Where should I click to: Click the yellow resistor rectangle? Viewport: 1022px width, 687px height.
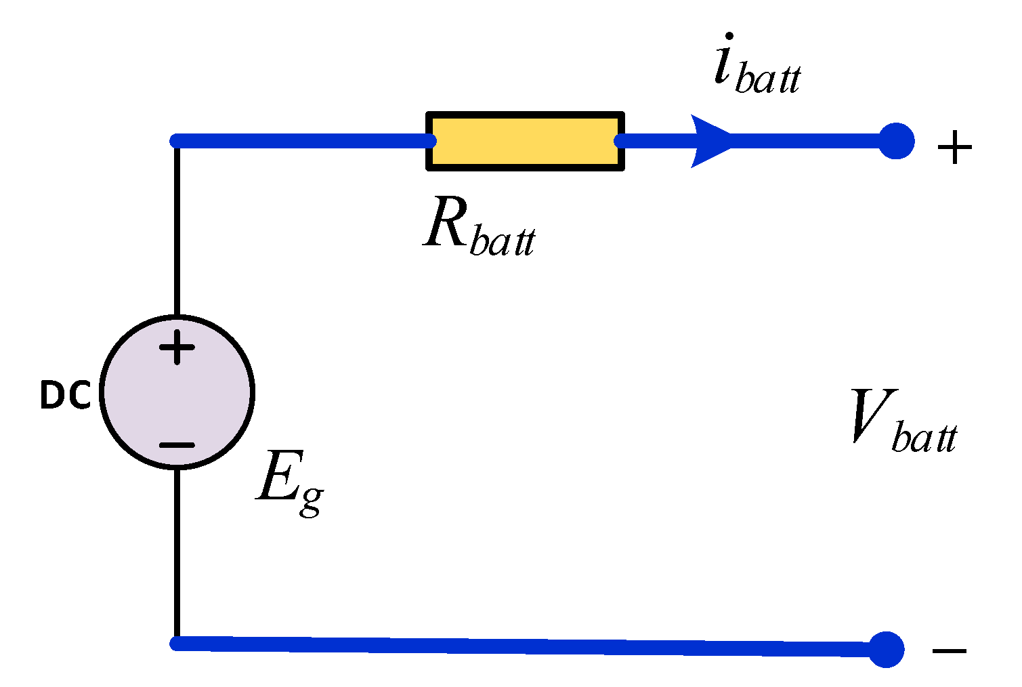tap(525, 141)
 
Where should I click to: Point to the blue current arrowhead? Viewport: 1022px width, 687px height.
tap(711, 141)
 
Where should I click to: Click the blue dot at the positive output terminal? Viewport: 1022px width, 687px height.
tap(896, 141)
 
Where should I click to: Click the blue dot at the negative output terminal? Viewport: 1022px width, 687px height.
tap(886, 649)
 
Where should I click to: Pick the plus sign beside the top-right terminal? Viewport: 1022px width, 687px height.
tap(954, 148)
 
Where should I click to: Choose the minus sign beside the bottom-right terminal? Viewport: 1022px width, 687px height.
tap(949, 652)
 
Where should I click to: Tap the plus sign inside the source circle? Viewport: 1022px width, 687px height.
tap(177, 348)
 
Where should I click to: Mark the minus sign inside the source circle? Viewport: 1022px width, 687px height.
tap(177, 445)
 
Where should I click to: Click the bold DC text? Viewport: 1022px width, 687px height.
tap(65, 396)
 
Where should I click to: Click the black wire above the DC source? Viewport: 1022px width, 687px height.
tap(177, 230)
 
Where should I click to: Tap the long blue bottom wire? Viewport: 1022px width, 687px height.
tap(528, 646)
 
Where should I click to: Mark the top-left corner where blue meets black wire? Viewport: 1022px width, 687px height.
tap(177, 141)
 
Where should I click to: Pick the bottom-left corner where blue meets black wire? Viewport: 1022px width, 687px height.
tap(177, 643)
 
